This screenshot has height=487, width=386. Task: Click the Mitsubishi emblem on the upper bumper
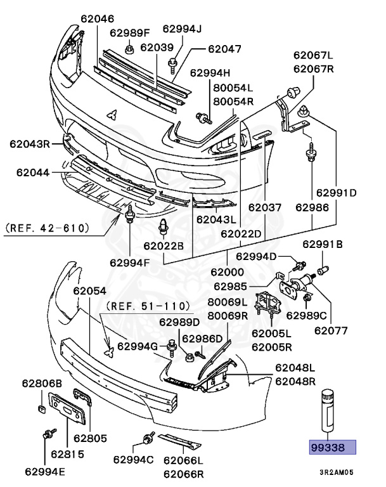[x=112, y=115]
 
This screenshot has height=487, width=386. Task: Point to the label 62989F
[x=129, y=32]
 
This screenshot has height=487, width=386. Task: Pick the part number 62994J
[x=182, y=28]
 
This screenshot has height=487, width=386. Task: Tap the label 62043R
[x=29, y=144]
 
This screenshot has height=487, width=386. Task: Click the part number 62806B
[x=42, y=383]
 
